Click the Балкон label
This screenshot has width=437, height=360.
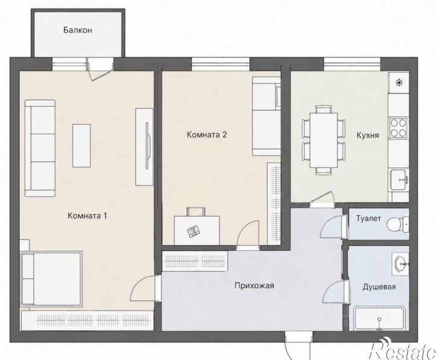tap(78, 30)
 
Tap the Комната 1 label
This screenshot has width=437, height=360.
tap(87, 215)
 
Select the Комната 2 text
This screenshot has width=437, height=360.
tap(207, 134)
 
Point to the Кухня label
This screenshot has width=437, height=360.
tap(368, 135)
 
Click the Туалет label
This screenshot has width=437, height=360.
tap(368, 218)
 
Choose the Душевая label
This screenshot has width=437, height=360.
tap(379, 286)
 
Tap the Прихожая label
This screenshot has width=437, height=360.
tap(254, 286)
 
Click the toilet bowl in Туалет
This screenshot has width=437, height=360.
tap(398, 224)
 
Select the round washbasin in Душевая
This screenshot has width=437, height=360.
tap(401, 264)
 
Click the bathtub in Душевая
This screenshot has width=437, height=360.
tap(379, 318)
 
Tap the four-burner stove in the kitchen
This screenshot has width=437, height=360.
tap(398, 128)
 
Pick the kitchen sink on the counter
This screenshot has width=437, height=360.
tap(399, 180)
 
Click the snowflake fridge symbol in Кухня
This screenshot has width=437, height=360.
tap(400, 82)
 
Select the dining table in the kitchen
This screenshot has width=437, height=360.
tap(324, 139)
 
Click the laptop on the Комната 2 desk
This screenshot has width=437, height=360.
tap(194, 231)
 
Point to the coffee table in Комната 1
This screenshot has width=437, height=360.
tap(81, 145)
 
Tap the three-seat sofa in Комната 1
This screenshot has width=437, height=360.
tap(40, 148)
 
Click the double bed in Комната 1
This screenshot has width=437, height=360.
tap(51, 279)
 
